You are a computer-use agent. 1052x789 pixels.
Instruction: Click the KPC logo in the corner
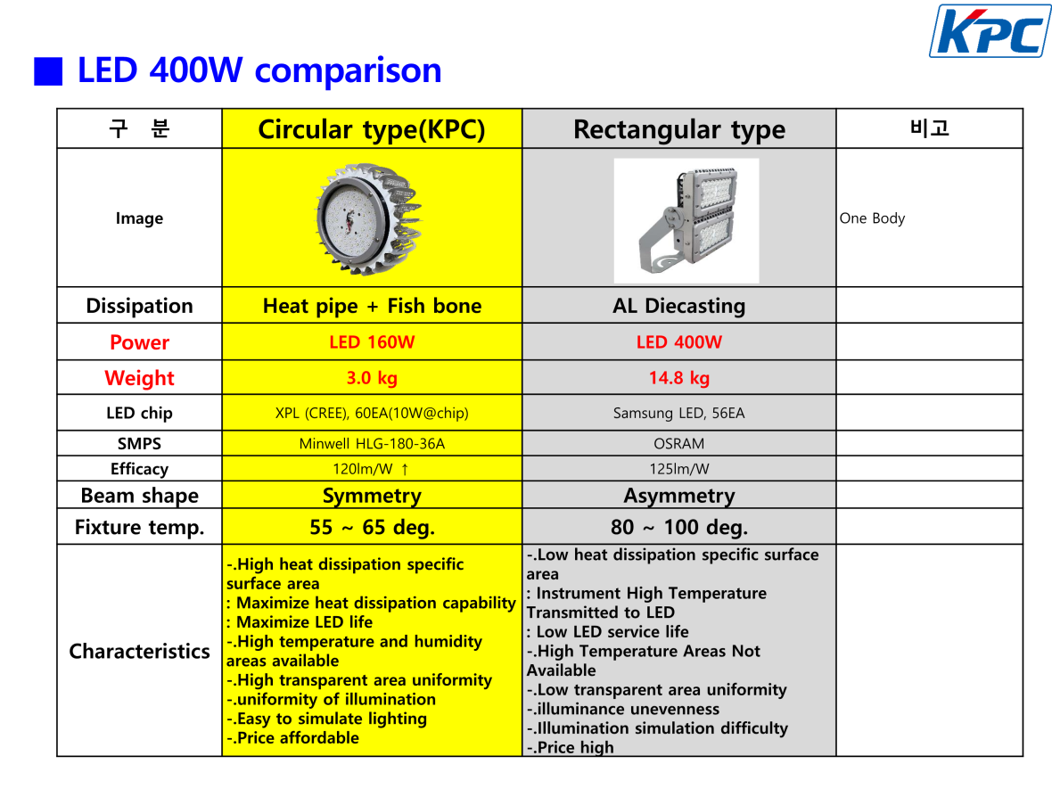[x=990, y=31]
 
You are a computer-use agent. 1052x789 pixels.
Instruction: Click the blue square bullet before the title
[x=48, y=71]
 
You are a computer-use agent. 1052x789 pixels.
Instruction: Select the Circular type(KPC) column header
[x=372, y=128]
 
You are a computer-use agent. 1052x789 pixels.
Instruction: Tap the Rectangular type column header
[x=679, y=128]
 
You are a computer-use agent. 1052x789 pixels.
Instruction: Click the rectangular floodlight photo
[x=686, y=221]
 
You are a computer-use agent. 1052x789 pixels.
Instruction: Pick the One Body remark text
[x=872, y=218]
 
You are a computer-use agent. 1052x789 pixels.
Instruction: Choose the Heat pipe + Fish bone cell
[x=372, y=306]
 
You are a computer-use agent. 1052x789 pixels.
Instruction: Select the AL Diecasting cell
[x=679, y=306]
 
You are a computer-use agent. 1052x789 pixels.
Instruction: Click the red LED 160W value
[x=372, y=342]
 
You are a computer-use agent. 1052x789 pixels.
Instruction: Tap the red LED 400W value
[x=679, y=342]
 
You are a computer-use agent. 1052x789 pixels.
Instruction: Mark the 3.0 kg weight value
[x=372, y=378]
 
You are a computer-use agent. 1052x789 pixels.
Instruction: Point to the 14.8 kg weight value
[x=679, y=378]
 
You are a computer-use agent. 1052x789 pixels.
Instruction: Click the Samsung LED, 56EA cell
[x=679, y=413]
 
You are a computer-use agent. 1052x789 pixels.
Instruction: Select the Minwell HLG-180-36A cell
[x=372, y=443]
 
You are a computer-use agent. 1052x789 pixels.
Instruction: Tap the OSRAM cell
[x=679, y=443]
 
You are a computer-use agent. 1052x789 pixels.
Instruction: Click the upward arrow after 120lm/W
[x=405, y=469]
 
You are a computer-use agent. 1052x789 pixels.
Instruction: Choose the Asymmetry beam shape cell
[x=679, y=496]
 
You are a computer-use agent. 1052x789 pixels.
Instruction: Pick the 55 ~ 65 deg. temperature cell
[x=372, y=528]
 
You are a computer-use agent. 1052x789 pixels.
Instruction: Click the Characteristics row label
[x=140, y=651]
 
